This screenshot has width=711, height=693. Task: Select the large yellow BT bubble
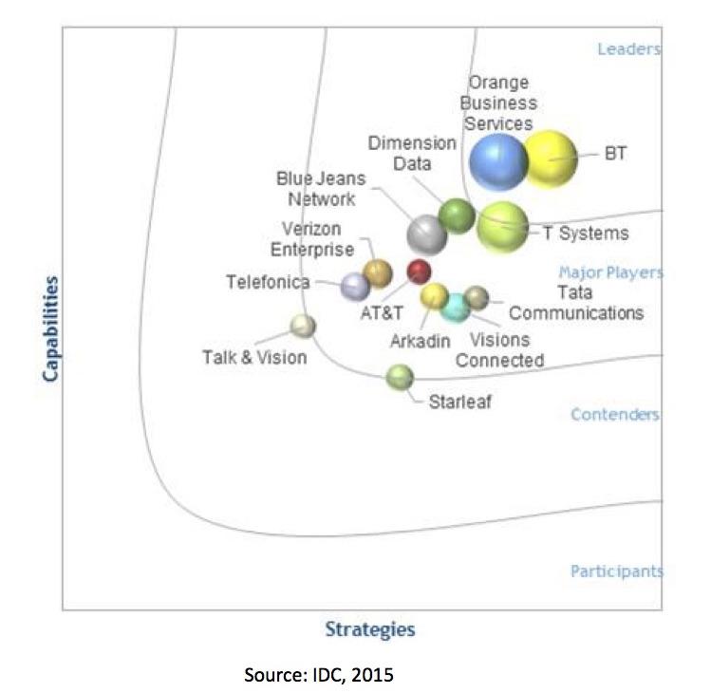click(550, 159)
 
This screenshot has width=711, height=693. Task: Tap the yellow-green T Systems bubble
click(502, 227)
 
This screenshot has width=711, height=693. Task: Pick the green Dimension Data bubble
click(457, 216)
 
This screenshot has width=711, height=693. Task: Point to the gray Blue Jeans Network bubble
click(426, 234)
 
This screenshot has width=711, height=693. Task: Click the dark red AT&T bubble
click(419, 272)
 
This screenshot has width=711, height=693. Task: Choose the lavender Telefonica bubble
click(355, 286)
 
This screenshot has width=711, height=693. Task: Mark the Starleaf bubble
click(400, 377)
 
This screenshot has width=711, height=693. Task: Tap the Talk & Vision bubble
click(303, 327)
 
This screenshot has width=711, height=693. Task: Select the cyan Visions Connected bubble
click(457, 307)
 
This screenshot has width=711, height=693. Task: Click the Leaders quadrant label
click(628, 49)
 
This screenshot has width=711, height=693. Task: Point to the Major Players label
click(610, 272)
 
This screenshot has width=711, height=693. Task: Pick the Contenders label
click(615, 415)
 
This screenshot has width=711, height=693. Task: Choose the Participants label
click(616, 571)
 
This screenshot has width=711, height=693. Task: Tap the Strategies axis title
click(370, 628)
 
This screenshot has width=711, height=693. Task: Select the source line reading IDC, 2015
click(319, 675)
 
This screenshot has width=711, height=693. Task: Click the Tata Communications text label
click(576, 303)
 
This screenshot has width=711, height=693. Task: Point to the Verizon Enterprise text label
click(311, 238)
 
